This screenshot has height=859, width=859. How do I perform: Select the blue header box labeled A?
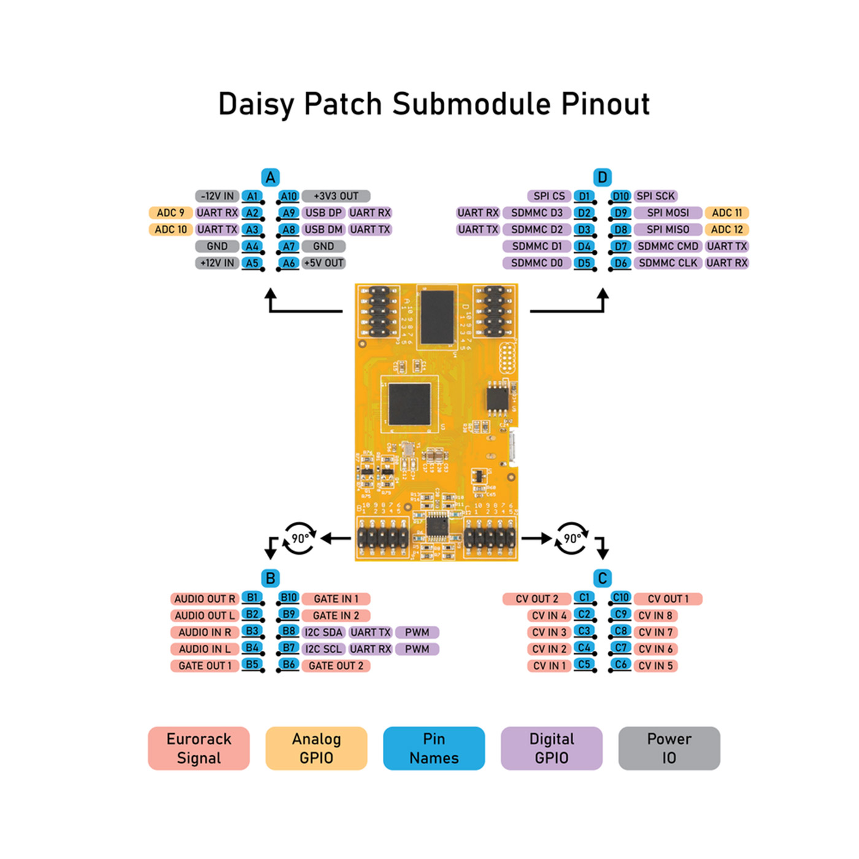click(270, 177)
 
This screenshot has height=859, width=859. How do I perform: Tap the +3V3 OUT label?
click(336, 196)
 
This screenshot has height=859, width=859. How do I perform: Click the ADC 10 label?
click(171, 229)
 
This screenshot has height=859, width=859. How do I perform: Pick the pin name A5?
click(252, 263)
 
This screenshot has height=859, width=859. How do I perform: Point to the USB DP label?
click(323, 213)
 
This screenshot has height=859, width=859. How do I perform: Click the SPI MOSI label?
click(668, 213)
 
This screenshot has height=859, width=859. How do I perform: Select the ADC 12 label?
click(726, 229)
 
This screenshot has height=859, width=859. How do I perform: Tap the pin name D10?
click(620, 196)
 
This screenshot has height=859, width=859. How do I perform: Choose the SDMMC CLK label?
click(668, 263)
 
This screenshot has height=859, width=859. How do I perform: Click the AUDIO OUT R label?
click(204, 599)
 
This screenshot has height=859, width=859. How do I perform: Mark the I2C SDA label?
click(323, 632)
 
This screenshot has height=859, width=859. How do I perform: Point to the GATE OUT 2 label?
click(336, 666)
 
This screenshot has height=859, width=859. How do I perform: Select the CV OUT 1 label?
click(668, 599)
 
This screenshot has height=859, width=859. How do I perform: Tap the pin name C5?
click(584, 664)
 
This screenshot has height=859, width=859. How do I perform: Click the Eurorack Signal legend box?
click(199, 748)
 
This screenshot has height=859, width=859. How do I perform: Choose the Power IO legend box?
click(669, 748)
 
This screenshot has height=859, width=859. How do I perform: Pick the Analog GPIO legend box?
click(316, 748)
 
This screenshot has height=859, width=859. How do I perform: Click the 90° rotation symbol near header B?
click(299, 539)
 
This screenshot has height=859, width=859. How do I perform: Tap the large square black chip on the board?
click(409, 404)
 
